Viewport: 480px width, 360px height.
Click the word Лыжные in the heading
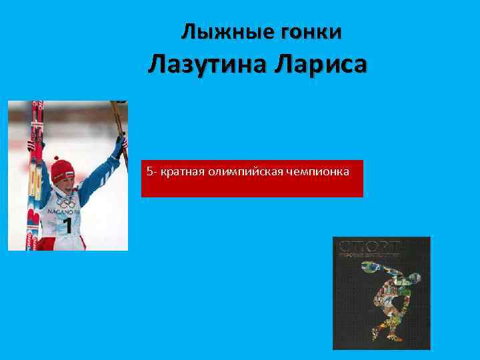(221, 31)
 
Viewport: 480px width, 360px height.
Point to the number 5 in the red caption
(149, 173)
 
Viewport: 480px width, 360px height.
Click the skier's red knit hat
(63, 167)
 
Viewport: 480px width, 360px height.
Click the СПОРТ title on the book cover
(369, 245)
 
